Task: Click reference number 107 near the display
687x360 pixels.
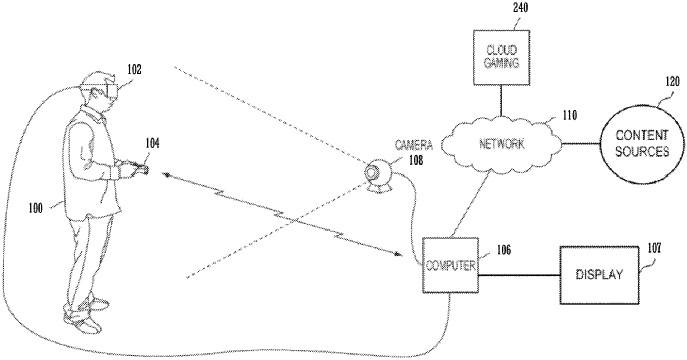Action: [654, 240]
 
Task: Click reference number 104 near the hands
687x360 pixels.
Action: [152, 143]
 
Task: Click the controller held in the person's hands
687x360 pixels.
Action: [140, 171]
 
